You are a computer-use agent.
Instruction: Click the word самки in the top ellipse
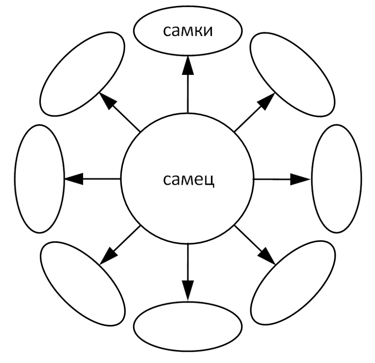[x=188, y=31]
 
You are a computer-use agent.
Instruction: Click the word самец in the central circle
[x=189, y=180]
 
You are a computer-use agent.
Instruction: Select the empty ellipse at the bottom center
[x=188, y=327]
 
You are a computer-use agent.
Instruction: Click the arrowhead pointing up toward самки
[x=188, y=65]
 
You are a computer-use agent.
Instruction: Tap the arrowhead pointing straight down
[x=188, y=290]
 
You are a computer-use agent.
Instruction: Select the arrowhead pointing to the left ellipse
[x=74, y=179]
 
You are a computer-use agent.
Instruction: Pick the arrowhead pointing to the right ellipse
[x=300, y=179]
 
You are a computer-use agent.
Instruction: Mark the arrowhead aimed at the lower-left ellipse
[x=108, y=256]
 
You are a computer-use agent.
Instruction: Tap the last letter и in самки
[x=208, y=31]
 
